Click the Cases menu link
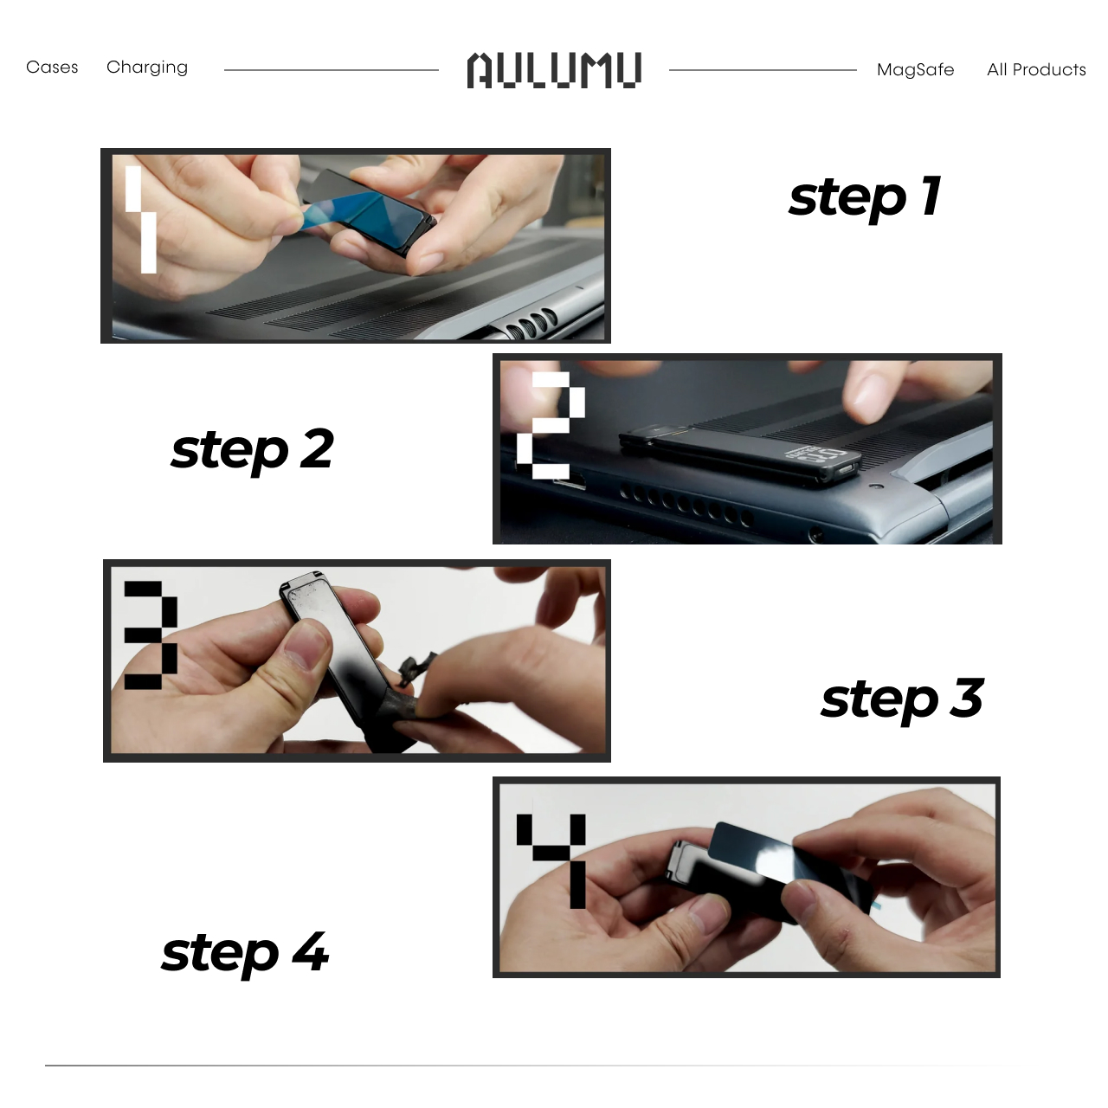tap(52, 68)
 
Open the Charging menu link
tap(147, 68)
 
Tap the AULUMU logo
tap(554, 70)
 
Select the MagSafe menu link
tap(915, 70)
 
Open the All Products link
tap(1037, 69)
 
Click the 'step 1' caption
tap(865, 198)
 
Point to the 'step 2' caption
tap(253, 450)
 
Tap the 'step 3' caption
tap(903, 700)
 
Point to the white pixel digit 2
tap(551, 426)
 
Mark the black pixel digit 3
tap(151, 635)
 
